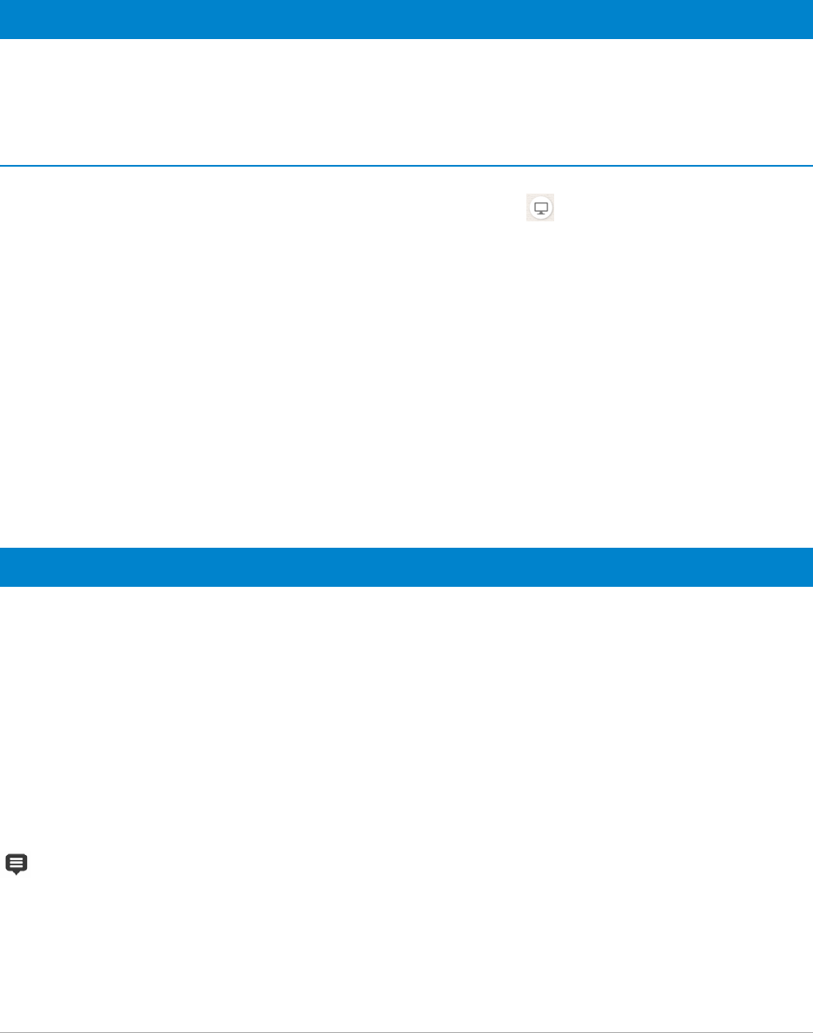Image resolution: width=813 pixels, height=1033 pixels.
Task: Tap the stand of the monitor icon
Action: point(540,214)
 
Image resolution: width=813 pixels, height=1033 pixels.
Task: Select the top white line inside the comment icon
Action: point(17,859)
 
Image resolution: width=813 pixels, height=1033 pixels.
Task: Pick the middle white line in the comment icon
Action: point(17,862)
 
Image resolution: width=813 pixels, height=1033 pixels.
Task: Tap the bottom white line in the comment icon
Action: point(17,865)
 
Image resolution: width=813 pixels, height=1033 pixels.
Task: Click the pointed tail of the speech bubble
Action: point(17,872)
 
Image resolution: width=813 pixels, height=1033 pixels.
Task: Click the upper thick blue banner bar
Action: point(406,19)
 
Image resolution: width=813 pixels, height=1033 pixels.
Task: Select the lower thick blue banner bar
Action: point(406,567)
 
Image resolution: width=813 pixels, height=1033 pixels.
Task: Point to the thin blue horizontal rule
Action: point(406,166)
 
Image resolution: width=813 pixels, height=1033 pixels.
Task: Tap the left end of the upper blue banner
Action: point(3,19)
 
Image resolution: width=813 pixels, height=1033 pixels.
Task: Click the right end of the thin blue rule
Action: point(810,166)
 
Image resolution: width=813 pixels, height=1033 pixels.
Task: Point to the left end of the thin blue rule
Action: point(3,166)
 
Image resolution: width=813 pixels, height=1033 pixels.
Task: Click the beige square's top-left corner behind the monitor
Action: point(527,194)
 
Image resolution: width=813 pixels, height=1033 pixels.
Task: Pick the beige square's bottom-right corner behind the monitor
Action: point(553,221)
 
